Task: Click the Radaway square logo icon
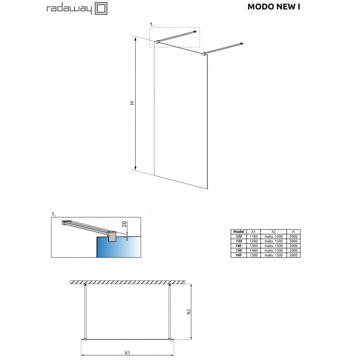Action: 101,9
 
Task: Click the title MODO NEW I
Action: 274,7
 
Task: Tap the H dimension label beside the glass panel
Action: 132,103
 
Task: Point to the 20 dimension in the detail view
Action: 124,224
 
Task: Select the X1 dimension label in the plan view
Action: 127,353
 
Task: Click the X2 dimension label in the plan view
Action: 189,312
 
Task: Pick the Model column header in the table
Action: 239,231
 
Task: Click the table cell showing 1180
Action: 254,236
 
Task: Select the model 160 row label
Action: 239,255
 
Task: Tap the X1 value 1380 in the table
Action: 254,246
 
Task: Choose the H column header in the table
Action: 293,231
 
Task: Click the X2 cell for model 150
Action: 274,250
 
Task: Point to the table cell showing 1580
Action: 254,255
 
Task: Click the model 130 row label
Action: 239,241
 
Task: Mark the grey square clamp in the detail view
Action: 112,237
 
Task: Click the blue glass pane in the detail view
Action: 118,247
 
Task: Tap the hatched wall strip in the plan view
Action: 128,282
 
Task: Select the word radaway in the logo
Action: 69,9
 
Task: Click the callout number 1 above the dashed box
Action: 152,24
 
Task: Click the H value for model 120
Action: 293,236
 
